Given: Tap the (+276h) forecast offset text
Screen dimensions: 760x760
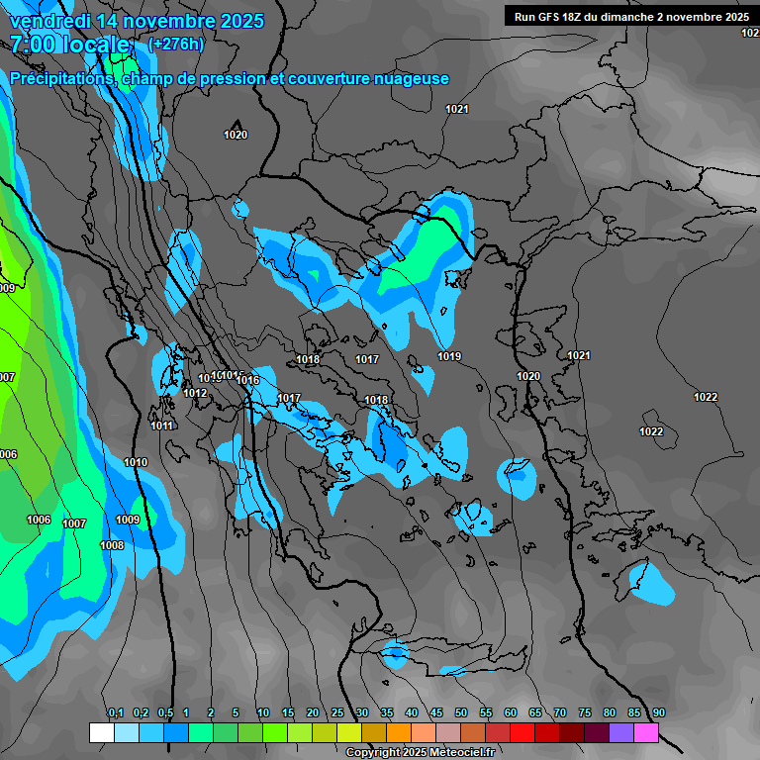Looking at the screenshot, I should pos(175,44).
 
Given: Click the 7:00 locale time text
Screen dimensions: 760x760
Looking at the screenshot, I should pos(69,45).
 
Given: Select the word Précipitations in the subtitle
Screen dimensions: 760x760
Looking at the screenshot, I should pos(58,79).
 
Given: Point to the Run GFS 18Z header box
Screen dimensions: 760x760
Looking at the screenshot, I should pos(630,16).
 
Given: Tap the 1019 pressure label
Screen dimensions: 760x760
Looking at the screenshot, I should pos(449,356).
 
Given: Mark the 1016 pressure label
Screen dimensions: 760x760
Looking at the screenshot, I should pos(247,381).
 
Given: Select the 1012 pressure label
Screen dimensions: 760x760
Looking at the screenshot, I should pos(195,394).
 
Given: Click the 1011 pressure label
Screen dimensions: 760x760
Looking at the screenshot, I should pos(162,427).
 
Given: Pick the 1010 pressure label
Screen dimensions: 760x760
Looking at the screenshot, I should pos(136,463).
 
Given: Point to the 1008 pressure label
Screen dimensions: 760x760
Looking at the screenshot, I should pos(112,546).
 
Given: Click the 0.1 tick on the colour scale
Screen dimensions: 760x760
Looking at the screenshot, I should pos(115,713).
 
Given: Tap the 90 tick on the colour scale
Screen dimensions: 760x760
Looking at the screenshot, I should pos(659,713).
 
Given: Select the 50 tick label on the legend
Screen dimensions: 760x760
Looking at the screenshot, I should pos(461,713).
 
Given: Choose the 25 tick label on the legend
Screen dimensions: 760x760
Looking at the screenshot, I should pos(337,713).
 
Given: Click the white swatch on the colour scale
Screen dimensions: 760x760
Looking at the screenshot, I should pos(101,732).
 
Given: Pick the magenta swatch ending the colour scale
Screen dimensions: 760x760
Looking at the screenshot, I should pos(646,732).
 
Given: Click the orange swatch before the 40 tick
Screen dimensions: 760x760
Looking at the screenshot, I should pos(399,732).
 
